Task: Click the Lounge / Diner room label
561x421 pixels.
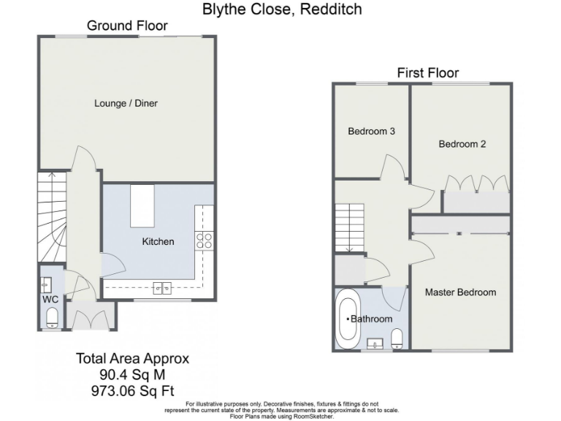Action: tap(126, 103)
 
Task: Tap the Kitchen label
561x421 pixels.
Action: tap(159, 241)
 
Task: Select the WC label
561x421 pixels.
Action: tap(50, 300)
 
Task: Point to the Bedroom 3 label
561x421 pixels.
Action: tap(371, 132)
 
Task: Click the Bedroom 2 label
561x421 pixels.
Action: tap(462, 144)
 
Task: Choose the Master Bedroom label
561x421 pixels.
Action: tap(460, 292)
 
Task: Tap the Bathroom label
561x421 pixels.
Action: tap(372, 319)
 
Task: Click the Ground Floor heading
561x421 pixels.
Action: tap(127, 26)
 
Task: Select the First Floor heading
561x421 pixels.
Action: tap(427, 72)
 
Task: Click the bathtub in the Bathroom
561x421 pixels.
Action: tap(346, 319)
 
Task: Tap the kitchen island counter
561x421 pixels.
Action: tap(142, 206)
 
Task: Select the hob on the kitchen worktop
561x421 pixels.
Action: tap(205, 240)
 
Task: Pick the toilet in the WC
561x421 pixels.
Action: tap(51, 318)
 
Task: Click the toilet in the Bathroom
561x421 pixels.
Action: tap(397, 338)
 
